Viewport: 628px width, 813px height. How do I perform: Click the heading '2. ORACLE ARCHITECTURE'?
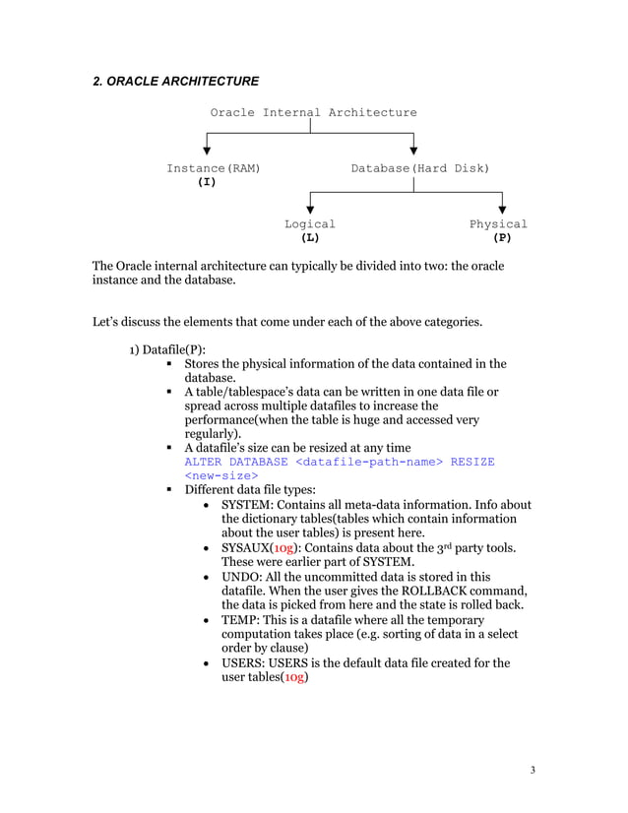[175, 80]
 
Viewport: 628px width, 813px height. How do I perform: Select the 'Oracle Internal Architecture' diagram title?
[313, 112]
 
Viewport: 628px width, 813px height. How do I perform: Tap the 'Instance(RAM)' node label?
[213, 169]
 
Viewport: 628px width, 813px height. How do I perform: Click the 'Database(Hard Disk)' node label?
[419, 169]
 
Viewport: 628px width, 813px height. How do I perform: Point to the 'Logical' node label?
[310, 224]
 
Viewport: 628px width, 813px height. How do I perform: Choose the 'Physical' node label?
[498, 224]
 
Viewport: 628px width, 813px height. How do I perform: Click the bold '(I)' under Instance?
[207, 183]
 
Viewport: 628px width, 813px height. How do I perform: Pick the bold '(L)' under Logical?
[310, 238]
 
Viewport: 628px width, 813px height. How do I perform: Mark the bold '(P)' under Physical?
[502, 238]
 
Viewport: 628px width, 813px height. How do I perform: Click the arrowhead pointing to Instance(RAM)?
[207, 151]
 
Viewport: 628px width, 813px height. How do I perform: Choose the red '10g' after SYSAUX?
[283, 547]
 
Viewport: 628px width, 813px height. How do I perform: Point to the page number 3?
[533, 769]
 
